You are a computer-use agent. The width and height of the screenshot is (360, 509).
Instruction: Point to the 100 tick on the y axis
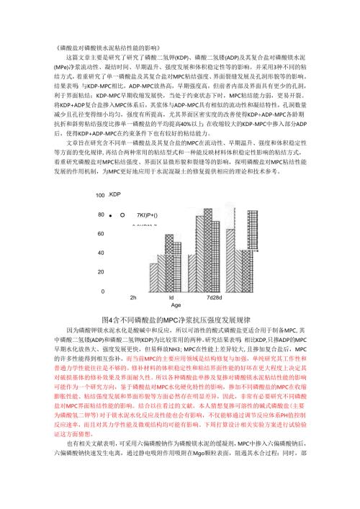[100, 196]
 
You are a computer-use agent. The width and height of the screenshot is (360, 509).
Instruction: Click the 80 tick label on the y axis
[102, 215]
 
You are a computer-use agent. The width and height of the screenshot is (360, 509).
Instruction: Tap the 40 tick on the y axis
[102, 253]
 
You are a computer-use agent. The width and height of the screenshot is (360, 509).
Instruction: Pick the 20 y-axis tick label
[102, 272]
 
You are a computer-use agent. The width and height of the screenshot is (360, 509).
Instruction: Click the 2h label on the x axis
[133, 297]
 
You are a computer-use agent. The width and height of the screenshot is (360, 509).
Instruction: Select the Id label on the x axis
[171, 297]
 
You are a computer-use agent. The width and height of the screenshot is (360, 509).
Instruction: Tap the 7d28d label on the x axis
[214, 297]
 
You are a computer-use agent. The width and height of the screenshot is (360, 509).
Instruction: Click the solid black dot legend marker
[112, 215]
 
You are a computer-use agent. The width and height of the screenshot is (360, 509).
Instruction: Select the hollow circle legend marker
[123, 215]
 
